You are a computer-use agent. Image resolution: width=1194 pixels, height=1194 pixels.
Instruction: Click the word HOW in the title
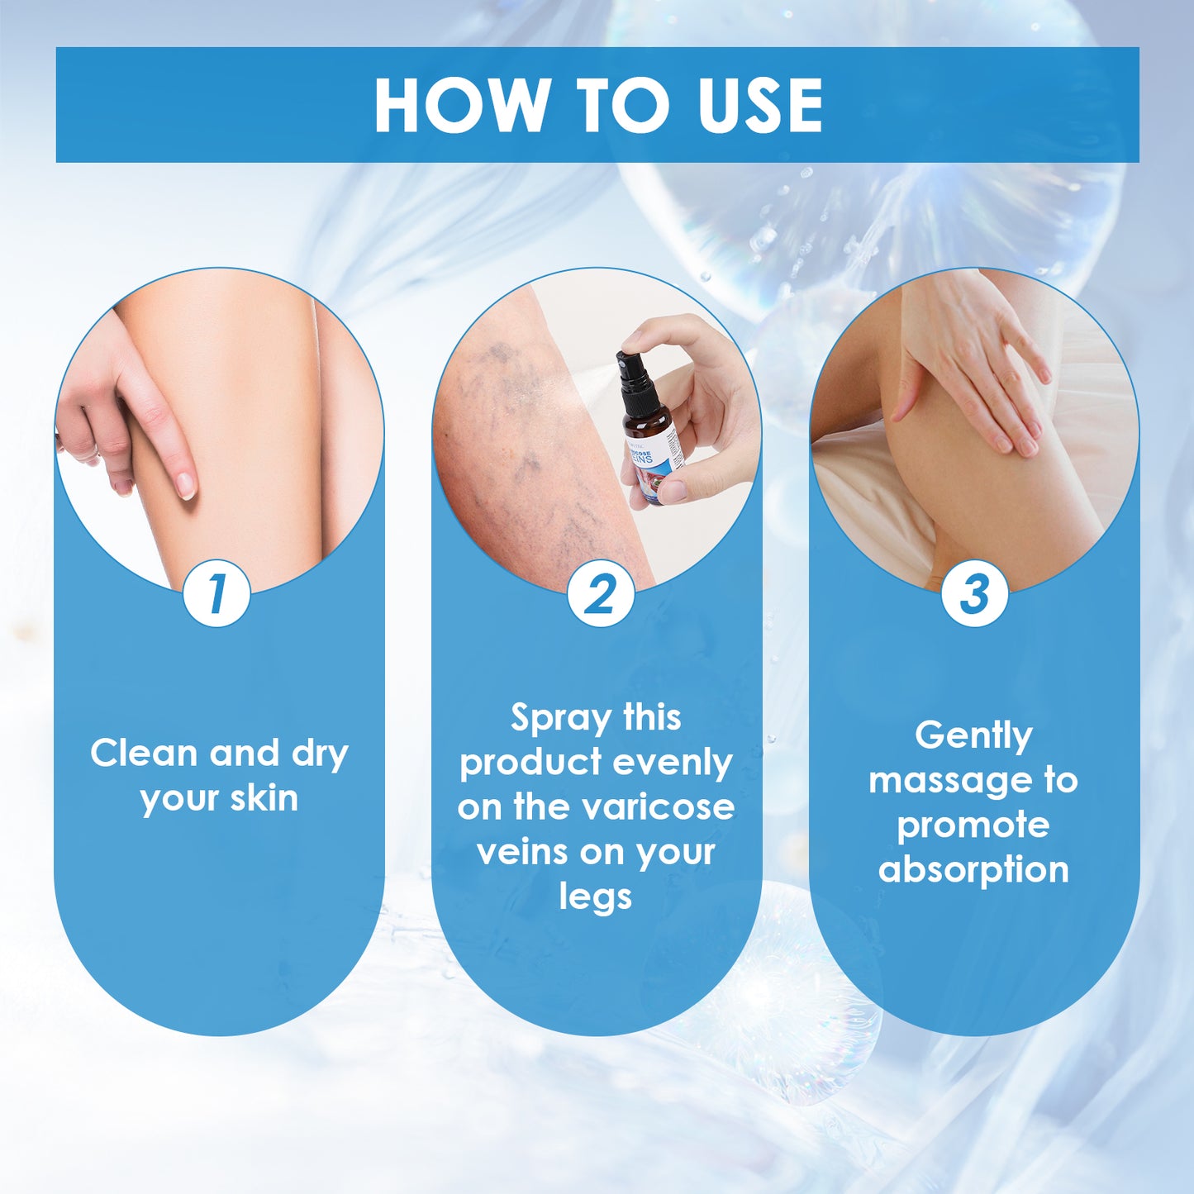(x=461, y=106)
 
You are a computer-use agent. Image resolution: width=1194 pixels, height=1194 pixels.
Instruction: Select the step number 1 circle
(x=216, y=593)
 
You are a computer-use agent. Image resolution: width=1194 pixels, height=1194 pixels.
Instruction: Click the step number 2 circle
(x=601, y=593)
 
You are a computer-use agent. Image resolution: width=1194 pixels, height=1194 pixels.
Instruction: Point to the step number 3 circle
(x=975, y=593)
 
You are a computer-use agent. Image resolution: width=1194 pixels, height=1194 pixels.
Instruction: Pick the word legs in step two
(x=596, y=898)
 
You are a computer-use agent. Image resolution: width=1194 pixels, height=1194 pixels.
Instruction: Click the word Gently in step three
(x=973, y=736)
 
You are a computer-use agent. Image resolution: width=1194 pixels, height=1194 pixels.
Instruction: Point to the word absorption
(x=973, y=870)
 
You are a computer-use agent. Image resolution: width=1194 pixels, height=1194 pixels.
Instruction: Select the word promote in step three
(x=973, y=825)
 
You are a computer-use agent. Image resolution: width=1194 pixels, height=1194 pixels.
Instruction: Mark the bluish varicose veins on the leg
(x=512, y=430)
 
